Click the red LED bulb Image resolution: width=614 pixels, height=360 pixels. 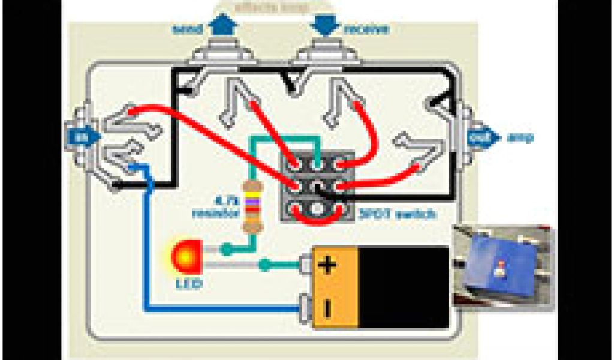(x=185, y=257)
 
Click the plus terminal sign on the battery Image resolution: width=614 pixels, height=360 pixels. (x=327, y=265)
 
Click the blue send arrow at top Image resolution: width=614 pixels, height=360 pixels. (x=223, y=26)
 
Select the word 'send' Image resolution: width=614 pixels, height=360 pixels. (x=186, y=29)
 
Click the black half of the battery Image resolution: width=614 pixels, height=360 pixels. (x=405, y=287)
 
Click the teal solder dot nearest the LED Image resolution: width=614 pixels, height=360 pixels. (x=227, y=248)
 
